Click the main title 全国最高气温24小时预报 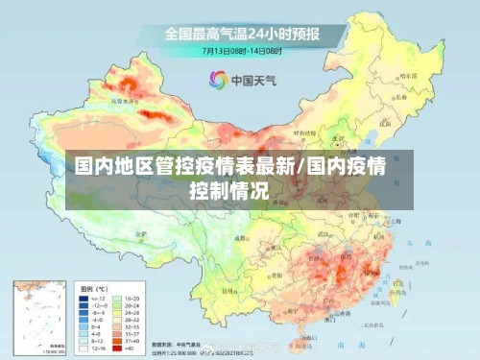241,35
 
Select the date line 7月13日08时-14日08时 240,51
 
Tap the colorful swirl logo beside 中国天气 218,79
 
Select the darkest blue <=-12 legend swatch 84,298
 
